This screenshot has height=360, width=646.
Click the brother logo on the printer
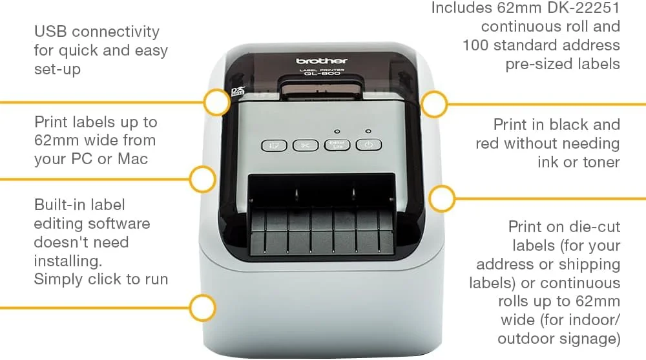point(322,61)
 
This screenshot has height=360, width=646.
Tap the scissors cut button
point(306,145)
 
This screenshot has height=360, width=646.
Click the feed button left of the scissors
point(274,145)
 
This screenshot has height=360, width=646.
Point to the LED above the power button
point(368,131)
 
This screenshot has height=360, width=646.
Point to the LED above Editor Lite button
point(337,132)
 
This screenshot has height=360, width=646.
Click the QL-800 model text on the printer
point(322,74)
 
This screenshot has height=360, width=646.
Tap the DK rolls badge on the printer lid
point(238,91)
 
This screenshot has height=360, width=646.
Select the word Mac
point(132,159)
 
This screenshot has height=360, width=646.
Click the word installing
point(68,261)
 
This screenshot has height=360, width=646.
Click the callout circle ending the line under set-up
point(216,102)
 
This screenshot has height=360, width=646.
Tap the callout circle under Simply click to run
point(203,308)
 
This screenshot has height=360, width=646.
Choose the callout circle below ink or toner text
point(442,199)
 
